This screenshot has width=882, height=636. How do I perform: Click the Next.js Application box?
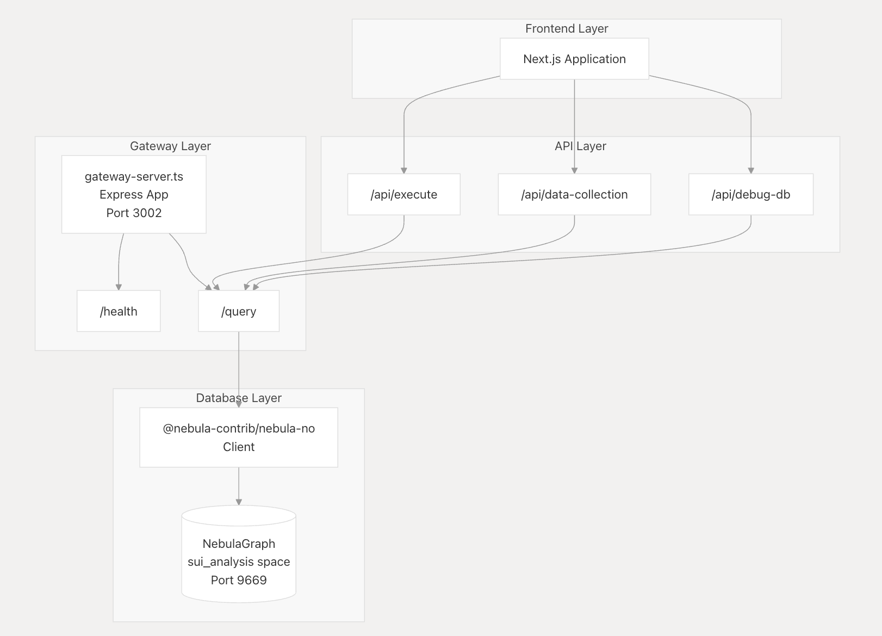(574, 59)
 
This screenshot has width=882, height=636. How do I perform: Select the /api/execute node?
(403, 194)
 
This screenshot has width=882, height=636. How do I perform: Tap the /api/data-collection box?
(574, 194)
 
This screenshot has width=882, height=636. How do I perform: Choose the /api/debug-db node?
(750, 194)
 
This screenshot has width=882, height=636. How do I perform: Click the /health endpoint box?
(119, 311)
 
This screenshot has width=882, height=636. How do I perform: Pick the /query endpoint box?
(239, 311)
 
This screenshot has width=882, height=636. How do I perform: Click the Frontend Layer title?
(567, 28)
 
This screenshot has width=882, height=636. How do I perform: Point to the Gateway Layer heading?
(170, 146)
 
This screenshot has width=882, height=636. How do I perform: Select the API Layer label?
(580, 146)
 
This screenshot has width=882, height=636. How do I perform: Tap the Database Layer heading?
(239, 398)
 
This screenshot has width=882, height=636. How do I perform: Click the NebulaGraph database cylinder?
(239, 555)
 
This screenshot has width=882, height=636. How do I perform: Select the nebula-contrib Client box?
(239, 437)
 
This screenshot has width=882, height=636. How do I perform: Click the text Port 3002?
(134, 213)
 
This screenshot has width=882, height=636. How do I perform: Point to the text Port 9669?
(239, 580)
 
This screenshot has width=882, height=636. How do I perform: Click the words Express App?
(134, 194)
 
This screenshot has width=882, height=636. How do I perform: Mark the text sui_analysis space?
(239, 561)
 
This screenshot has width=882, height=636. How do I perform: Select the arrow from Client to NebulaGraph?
(239, 485)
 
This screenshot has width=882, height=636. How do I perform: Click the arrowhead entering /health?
(119, 287)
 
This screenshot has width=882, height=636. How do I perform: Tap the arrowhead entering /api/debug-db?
(751, 170)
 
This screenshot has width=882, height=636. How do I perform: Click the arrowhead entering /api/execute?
(404, 170)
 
